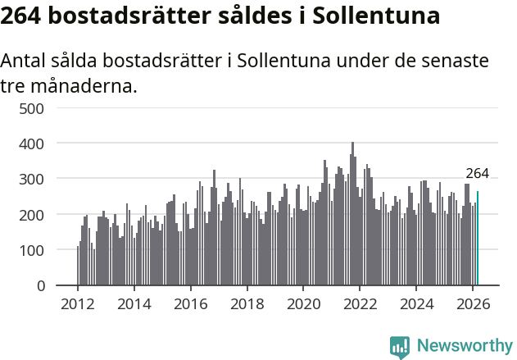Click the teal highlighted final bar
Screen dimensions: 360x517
(478, 239)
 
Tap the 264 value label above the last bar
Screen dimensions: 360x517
(477, 173)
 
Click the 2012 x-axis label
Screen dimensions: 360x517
(78, 303)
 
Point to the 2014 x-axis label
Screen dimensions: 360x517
(134, 303)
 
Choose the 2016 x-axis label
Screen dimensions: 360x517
(191, 303)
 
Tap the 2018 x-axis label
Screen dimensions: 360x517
(247, 303)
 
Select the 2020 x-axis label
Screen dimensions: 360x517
(303, 303)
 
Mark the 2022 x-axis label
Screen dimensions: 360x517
(360, 303)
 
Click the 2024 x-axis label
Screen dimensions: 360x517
(416, 303)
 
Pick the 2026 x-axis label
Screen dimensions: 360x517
(473, 303)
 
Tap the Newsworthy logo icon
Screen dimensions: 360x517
(400, 346)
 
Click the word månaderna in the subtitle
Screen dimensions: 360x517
(82, 85)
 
